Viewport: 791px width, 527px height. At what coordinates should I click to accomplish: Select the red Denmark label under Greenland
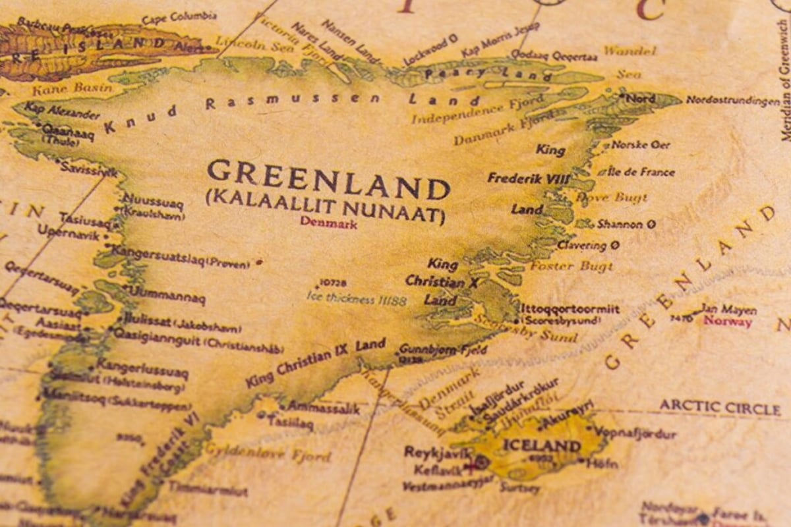pos(328,223)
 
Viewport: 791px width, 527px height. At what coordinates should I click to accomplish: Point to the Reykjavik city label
pos(438,453)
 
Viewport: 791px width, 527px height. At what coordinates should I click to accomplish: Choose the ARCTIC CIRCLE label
pos(720,407)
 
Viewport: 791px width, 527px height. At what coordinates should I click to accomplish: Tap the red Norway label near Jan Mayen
pos(728,322)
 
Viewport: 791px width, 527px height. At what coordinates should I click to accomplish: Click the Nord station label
pos(641,99)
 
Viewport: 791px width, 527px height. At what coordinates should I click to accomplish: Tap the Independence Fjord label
pos(477,110)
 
